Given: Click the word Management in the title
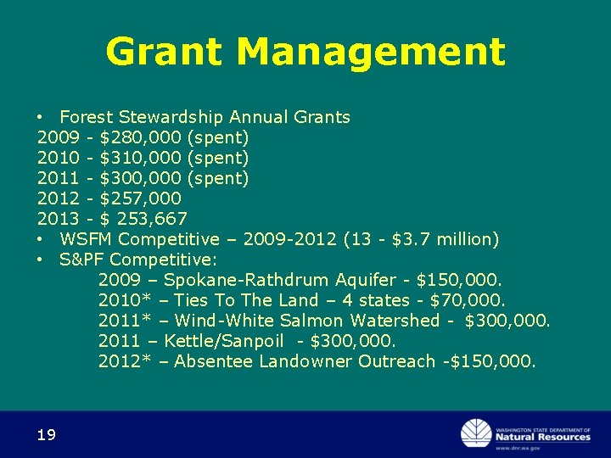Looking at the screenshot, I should click(371, 52).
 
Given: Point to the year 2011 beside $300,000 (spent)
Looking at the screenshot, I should click(59, 178).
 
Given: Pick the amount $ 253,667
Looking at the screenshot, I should click(143, 219).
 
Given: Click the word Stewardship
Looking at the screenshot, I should click(172, 117).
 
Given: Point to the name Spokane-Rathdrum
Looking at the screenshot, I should click(248, 280).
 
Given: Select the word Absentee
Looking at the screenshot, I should click(213, 361).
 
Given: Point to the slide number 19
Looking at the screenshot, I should click(47, 435).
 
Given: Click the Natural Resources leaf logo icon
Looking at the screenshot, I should click(475, 433).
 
